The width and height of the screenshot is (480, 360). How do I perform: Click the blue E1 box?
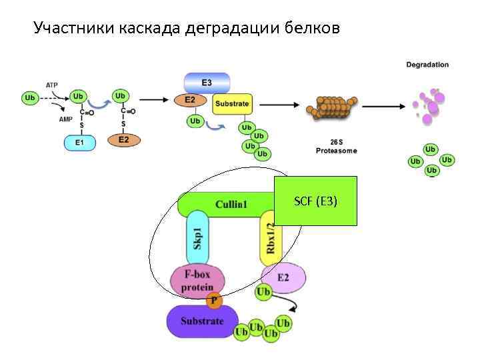[x=80, y=142]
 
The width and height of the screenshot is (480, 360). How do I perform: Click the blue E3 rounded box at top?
[x=207, y=83]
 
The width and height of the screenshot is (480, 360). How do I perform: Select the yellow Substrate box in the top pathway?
[x=231, y=104]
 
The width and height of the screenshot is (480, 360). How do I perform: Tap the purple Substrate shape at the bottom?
[x=202, y=321]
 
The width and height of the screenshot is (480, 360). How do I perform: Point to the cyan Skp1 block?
[x=198, y=239]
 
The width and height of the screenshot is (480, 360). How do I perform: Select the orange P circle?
[x=214, y=301]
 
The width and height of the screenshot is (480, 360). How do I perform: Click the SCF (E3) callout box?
[x=316, y=201]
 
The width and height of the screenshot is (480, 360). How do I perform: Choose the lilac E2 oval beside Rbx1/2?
[x=283, y=277]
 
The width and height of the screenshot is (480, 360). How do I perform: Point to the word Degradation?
[x=427, y=65]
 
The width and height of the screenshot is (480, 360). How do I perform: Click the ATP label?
[x=52, y=85]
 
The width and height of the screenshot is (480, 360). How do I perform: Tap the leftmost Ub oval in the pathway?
[x=31, y=98]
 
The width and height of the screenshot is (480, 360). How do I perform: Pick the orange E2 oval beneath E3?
[x=190, y=101]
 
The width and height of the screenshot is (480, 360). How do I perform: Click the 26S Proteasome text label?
[x=336, y=147]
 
